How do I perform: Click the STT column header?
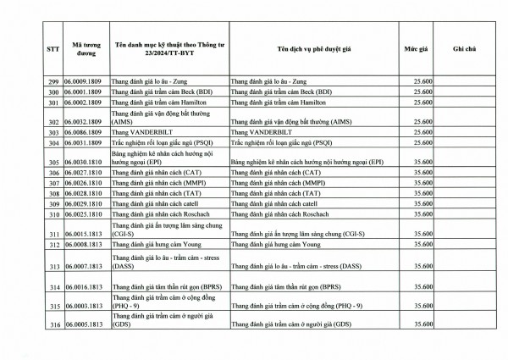click(x=52, y=49)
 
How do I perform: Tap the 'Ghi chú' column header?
click(x=465, y=49)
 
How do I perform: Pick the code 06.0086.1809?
click(x=86, y=134)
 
